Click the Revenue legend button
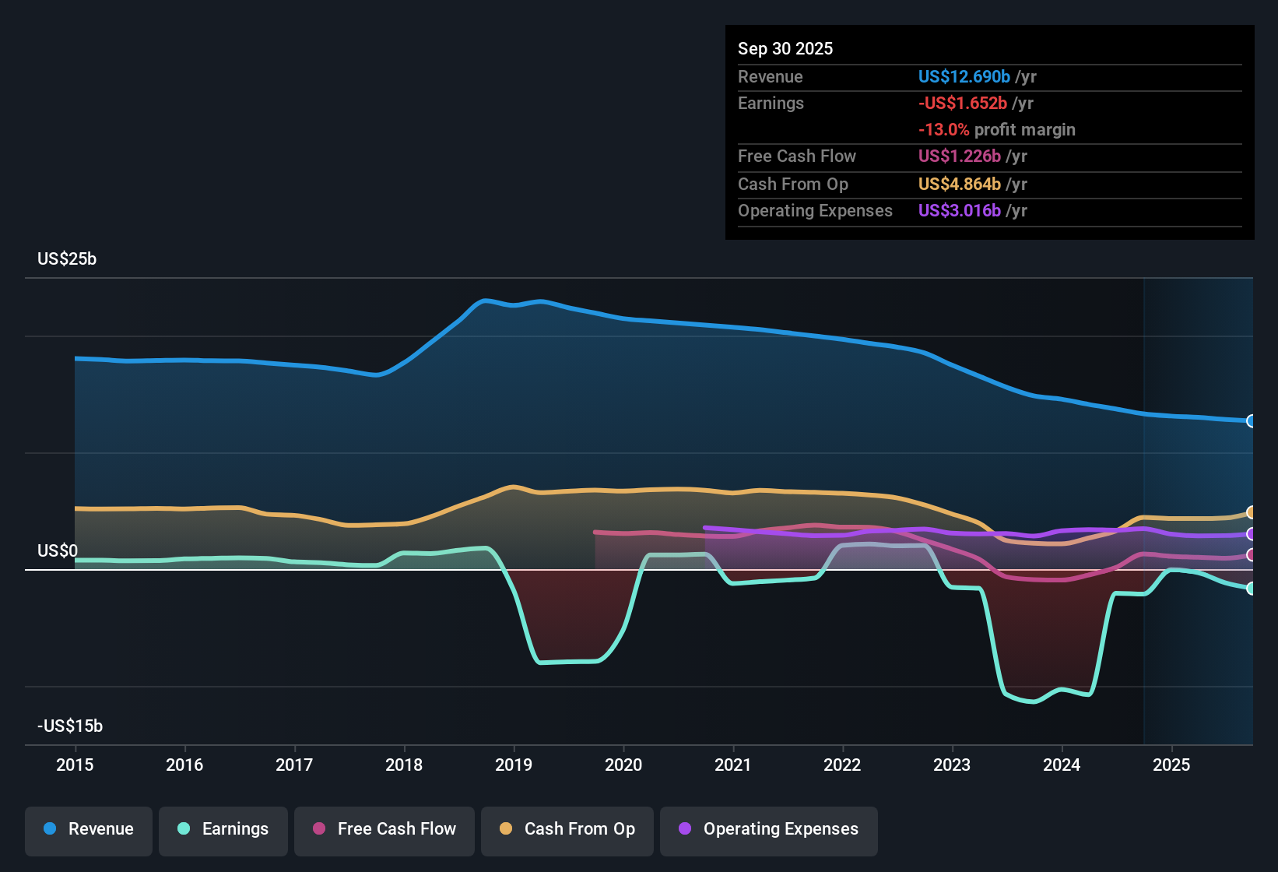pos(89,829)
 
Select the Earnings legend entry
pos(223,829)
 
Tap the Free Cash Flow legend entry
pos(384,829)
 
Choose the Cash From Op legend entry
pos(567,829)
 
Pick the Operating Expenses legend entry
pos(769,829)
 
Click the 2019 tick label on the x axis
pos(514,765)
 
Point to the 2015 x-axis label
pos(75,765)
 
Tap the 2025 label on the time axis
pos(1171,765)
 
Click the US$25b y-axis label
pos(67,259)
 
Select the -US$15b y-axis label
pos(70,726)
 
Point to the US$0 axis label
pos(58,551)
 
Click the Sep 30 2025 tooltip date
pos(785,48)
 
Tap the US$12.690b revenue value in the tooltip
pos(964,76)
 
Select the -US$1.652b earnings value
pos(963,103)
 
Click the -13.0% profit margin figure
pos(944,129)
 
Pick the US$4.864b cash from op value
pos(960,184)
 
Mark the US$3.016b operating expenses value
pos(960,210)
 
